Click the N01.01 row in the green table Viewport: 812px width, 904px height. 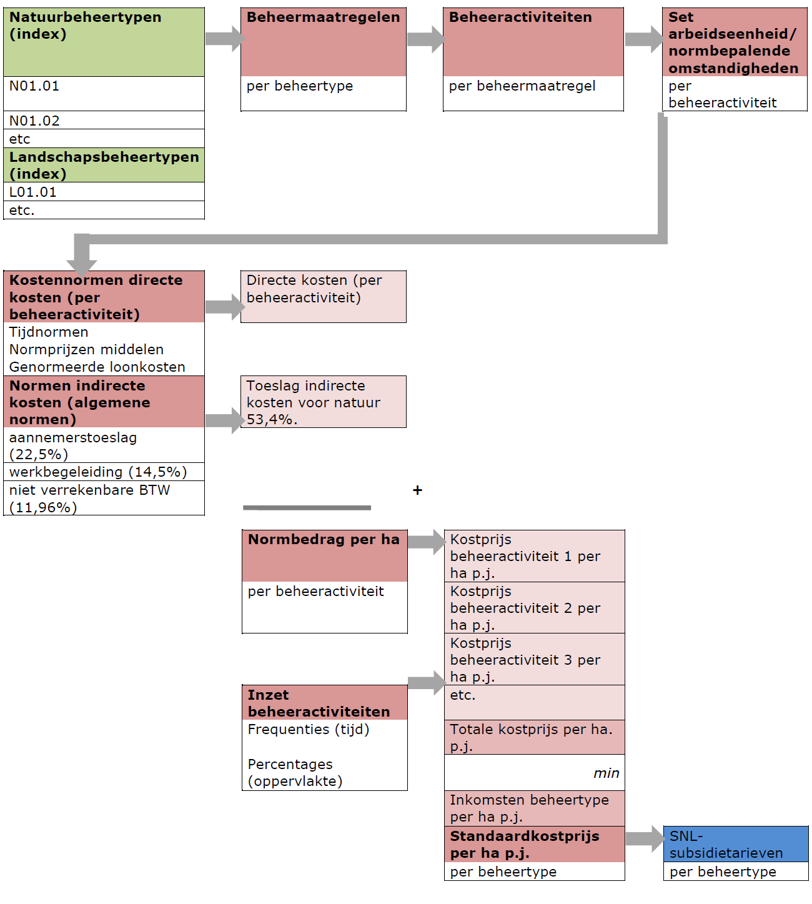tap(104, 93)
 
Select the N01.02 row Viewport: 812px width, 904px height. tap(104, 121)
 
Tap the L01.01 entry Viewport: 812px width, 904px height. tap(104, 192)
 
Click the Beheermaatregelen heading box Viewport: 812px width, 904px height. tap(324, 42)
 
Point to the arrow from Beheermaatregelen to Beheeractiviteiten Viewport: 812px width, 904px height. tap(425, 39)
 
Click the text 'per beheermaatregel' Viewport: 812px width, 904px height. tap(522, 86)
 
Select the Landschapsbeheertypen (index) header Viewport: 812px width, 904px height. tap(104, 166)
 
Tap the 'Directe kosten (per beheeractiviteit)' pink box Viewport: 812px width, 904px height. tap(324, 297)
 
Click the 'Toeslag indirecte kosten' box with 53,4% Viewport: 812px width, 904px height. tap(324, 402)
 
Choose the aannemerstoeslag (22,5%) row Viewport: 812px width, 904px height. tap(104, 445)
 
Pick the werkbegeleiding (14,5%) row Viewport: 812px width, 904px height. tap(104, 472)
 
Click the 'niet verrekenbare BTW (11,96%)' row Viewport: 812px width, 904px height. tap(104, 499)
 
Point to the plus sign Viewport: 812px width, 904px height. tap(417, 490)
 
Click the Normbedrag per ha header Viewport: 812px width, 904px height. tap(324, 555)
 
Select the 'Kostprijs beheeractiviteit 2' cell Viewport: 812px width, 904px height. tap(534, 608)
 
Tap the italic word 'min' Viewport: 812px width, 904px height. tap(606, 773)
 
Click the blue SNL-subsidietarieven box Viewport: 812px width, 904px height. tap(735, 844)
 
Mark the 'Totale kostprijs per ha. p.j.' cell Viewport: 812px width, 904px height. tap(534, 737)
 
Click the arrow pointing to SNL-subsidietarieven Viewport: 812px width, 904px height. tap(644, 838)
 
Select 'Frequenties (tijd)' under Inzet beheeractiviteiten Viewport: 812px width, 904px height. tap(309, 730)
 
